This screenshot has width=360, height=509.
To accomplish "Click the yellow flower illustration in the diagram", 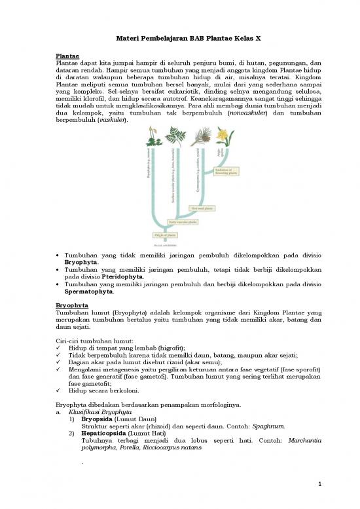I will click(223, 138).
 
